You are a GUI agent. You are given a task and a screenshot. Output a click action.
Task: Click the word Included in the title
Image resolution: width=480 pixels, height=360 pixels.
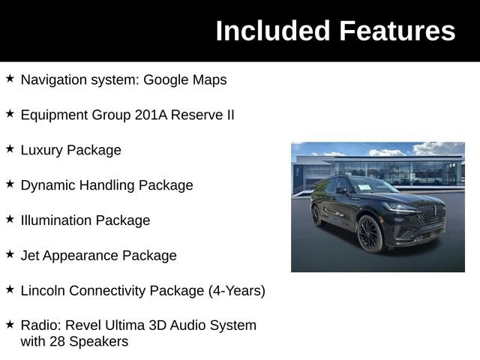[x=273, y=31]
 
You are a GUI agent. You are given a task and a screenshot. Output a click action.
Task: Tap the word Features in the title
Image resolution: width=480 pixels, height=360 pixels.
[x=397, y=31]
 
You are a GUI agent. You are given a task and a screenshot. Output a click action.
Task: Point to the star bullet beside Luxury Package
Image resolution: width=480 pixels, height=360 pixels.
[x=10, y=148]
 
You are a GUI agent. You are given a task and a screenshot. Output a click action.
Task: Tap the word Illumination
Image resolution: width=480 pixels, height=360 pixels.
[x=56, y=220]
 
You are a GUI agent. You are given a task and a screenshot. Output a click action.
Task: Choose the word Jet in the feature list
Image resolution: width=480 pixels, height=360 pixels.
[x=29, y=256]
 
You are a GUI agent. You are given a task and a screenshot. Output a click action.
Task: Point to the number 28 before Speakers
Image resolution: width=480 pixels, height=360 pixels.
[x=60, y=342]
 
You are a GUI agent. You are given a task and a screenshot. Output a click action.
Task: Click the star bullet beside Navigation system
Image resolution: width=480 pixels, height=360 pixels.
[x=10, y=78]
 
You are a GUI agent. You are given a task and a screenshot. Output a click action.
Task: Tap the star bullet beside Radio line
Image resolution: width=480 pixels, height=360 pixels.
[x=10, y=324]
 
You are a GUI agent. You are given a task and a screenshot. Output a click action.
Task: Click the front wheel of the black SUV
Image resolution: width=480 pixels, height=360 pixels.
[x=370, y=233]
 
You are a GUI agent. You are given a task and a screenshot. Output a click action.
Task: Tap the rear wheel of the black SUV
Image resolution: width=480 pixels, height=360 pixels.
[x=317, y=215]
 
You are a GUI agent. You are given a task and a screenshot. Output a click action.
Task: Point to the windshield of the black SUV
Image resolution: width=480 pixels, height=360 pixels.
[x=373, y=185]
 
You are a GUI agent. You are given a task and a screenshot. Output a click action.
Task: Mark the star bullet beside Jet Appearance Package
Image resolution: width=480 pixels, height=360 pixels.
[x=10, y=254]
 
